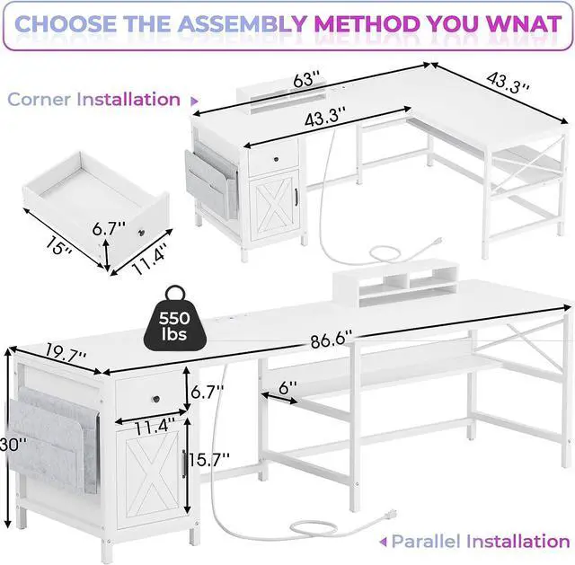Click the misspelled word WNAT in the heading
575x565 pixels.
[518, 23]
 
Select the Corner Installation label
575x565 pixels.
[94, 100]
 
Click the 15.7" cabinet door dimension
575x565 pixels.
[212, 457]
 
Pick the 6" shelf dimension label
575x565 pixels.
[287, 389]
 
